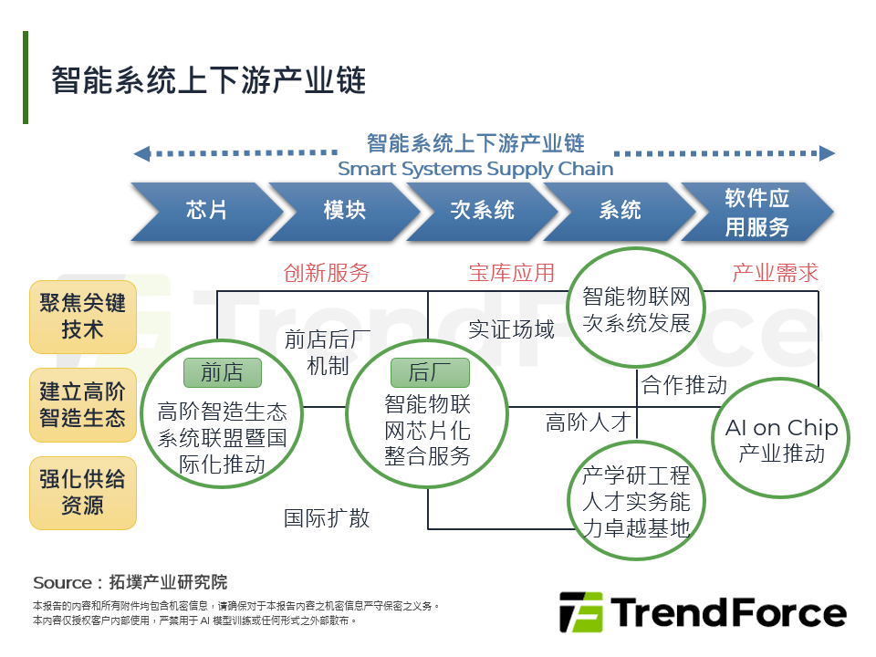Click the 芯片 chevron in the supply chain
(206, 211)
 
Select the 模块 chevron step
(344, 211)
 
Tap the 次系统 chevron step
(482, 211)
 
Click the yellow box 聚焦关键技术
(82, 316)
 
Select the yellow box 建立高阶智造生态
(82, 404)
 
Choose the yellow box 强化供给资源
(82, 492)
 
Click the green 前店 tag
(223, 372)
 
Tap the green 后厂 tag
(430, 372)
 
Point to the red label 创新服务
(326, 273)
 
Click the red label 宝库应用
(511, 273)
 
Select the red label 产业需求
(776, 273)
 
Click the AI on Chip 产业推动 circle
(781, 440)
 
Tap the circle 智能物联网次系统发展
(637, 309)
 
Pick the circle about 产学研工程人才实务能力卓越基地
(637, 502)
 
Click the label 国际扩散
(327, 518)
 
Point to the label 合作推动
(684, 385)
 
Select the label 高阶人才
(589, 422)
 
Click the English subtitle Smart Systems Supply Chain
(475, 169)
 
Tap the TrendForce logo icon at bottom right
(581, 612)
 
